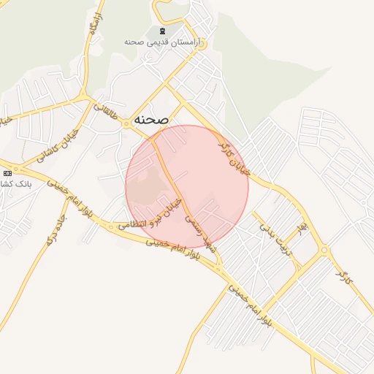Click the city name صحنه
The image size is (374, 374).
click(x=151, y=119)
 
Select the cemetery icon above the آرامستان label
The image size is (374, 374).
click(x=161, y=31)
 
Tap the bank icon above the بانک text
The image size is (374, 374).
click(x=7, y=173)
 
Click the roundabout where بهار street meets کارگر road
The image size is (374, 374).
click(x=324, y=252)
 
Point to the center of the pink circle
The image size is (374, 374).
click(x=187, y=187)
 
